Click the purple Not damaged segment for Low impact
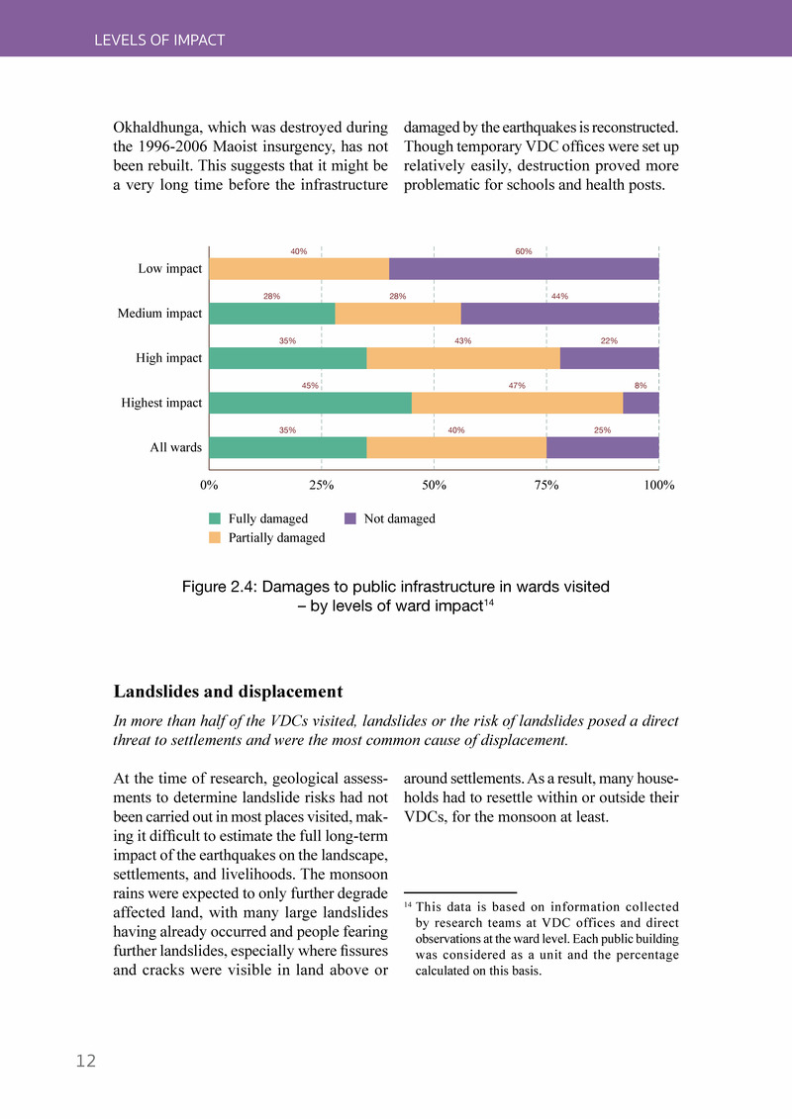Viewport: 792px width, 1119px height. [x=524, y=268]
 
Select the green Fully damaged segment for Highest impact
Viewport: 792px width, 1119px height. [x=310, y=403]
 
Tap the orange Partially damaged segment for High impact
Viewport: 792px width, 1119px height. [x=462, y=358]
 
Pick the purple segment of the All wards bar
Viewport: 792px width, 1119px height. [x=602, y=447]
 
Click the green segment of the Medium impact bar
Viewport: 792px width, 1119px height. [x=272, y=314]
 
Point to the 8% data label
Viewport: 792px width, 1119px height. [x=640, y=386]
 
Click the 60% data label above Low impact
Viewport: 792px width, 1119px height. [x=524, y=251]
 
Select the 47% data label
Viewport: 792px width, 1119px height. [x=516, y=386]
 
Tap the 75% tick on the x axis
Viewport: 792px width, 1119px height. [x=546, y=486]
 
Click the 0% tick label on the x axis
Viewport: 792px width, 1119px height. [x=210, y=486]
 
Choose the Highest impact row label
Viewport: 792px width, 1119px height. [x=161, y=403]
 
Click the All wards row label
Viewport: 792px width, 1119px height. [x=175, y=447]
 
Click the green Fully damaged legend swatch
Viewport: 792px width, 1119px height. [x=215, y=518]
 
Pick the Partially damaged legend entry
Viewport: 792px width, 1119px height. [x=276, y=537]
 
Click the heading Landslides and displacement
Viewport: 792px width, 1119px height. [x=228, y=691]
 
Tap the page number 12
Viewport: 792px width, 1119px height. [x=86, y=1062]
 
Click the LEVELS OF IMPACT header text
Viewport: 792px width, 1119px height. [x=159, y=41]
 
